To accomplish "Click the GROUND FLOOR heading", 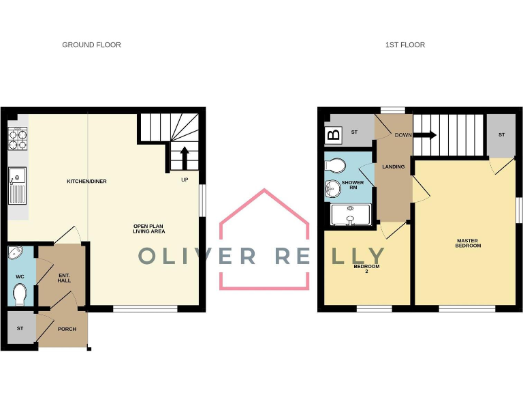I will point(91,45).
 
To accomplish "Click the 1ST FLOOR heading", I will point(405,45).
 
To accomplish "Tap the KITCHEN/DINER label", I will point(86,181).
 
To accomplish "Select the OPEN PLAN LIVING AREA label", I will point(149,229).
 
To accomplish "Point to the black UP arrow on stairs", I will point(184,158).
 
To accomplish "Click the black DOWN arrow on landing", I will point(426,135).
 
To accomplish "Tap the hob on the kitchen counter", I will point(18,139).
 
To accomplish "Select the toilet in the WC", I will point(20,294).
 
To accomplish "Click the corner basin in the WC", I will point(16,254).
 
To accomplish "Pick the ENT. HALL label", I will point(64,278).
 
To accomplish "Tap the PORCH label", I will point(67,329).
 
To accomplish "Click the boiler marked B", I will point(334,134).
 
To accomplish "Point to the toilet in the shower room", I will point(336,164).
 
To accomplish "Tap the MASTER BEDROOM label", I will point(468,243).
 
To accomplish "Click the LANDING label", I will point(394,166).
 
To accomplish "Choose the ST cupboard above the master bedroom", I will point(501,135).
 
